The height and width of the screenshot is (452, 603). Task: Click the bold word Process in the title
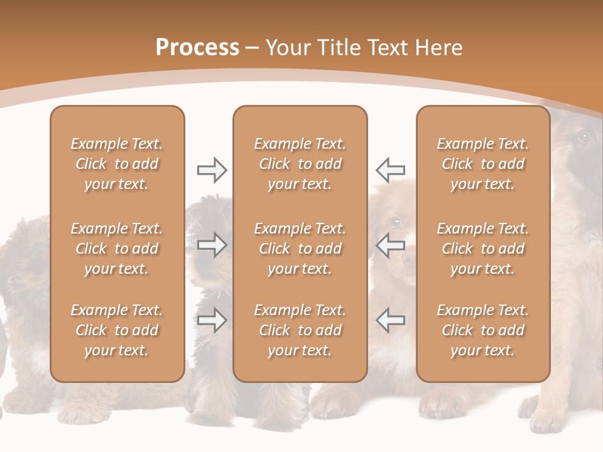coord(197,48)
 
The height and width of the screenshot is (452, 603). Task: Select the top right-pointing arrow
coord(212,169)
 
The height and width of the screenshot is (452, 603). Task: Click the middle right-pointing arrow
coord(212,245)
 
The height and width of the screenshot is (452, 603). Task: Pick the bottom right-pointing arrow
coord(212,320)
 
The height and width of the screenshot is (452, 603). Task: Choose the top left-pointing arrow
coord(390,169)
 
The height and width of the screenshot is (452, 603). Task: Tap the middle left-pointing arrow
coord(390,245)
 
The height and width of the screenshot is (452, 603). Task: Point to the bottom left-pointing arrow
coord(390,320)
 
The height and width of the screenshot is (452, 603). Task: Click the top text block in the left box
coord(117,164)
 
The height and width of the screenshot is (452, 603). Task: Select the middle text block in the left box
coord(117,249)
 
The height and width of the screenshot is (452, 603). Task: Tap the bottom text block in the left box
coord(117,330)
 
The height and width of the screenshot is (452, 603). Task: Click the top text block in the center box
coord(300,164)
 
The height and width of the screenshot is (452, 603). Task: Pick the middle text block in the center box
coord(300,249)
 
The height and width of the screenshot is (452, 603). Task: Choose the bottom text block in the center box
coord(300,330)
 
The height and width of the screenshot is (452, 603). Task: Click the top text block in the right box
coord(483,164)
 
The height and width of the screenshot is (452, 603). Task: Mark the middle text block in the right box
coord(483,249)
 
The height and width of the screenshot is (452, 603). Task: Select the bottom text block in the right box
coord(483,330)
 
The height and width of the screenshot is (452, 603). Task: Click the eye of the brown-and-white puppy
coord(394,222)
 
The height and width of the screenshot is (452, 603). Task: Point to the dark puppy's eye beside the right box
coord(583,137)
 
